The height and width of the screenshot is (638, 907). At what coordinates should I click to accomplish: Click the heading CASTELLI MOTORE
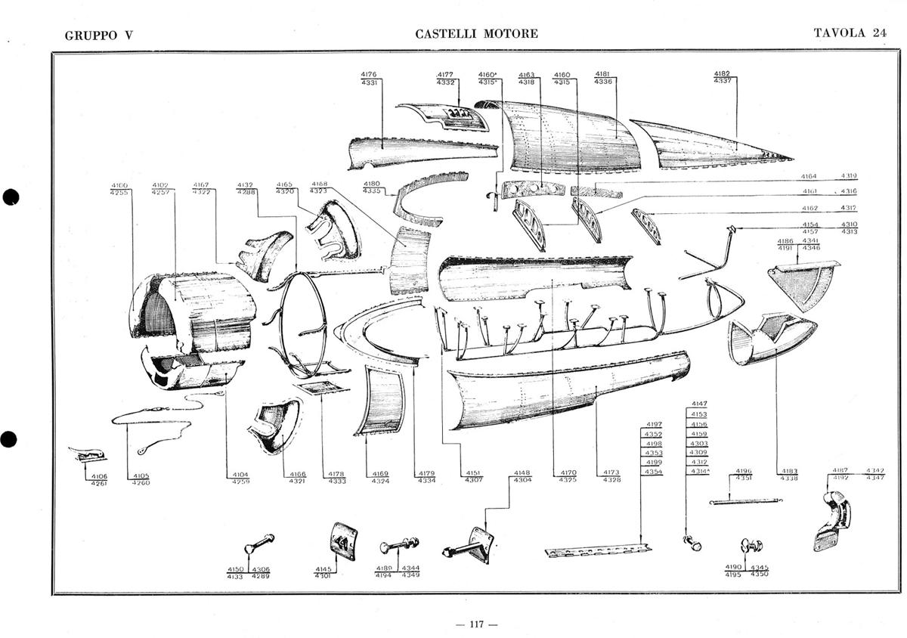pyautogui.click(x=476, y=34)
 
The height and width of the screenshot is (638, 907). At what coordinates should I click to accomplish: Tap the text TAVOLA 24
pyautogui.click(x=850, y=33)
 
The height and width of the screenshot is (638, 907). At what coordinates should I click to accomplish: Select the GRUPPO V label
pyautogui.click(x=99, y=35)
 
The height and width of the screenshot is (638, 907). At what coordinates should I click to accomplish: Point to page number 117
pyautogui.click(x=477, y=624)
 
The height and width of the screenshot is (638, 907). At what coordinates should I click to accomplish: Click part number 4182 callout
pyautogui.click(x=722, y=73)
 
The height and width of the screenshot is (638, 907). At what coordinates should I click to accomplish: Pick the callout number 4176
pyautogui.click(x=369, y=74)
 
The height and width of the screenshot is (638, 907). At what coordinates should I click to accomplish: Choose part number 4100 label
pyautogui.click(x=119, y=185)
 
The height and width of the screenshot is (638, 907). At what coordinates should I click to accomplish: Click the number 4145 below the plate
pyautogui.click(x=323, y=568)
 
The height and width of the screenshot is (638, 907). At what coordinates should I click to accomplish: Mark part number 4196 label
pyautogui.click(x=744, y=470)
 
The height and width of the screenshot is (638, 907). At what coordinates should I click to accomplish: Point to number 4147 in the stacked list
pyautogui.click(x=699, y=404)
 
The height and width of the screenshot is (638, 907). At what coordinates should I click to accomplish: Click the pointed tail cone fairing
pyautogui.click(x=710, y=145)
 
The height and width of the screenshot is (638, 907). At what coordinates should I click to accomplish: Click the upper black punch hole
pyautogui.click(x=10, y=197)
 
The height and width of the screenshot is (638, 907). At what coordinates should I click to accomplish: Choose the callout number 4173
pyautogui.click(x=611, y=472)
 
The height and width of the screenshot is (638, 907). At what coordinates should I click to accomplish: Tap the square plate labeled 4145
pyautogui.click(x=343, y=540)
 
